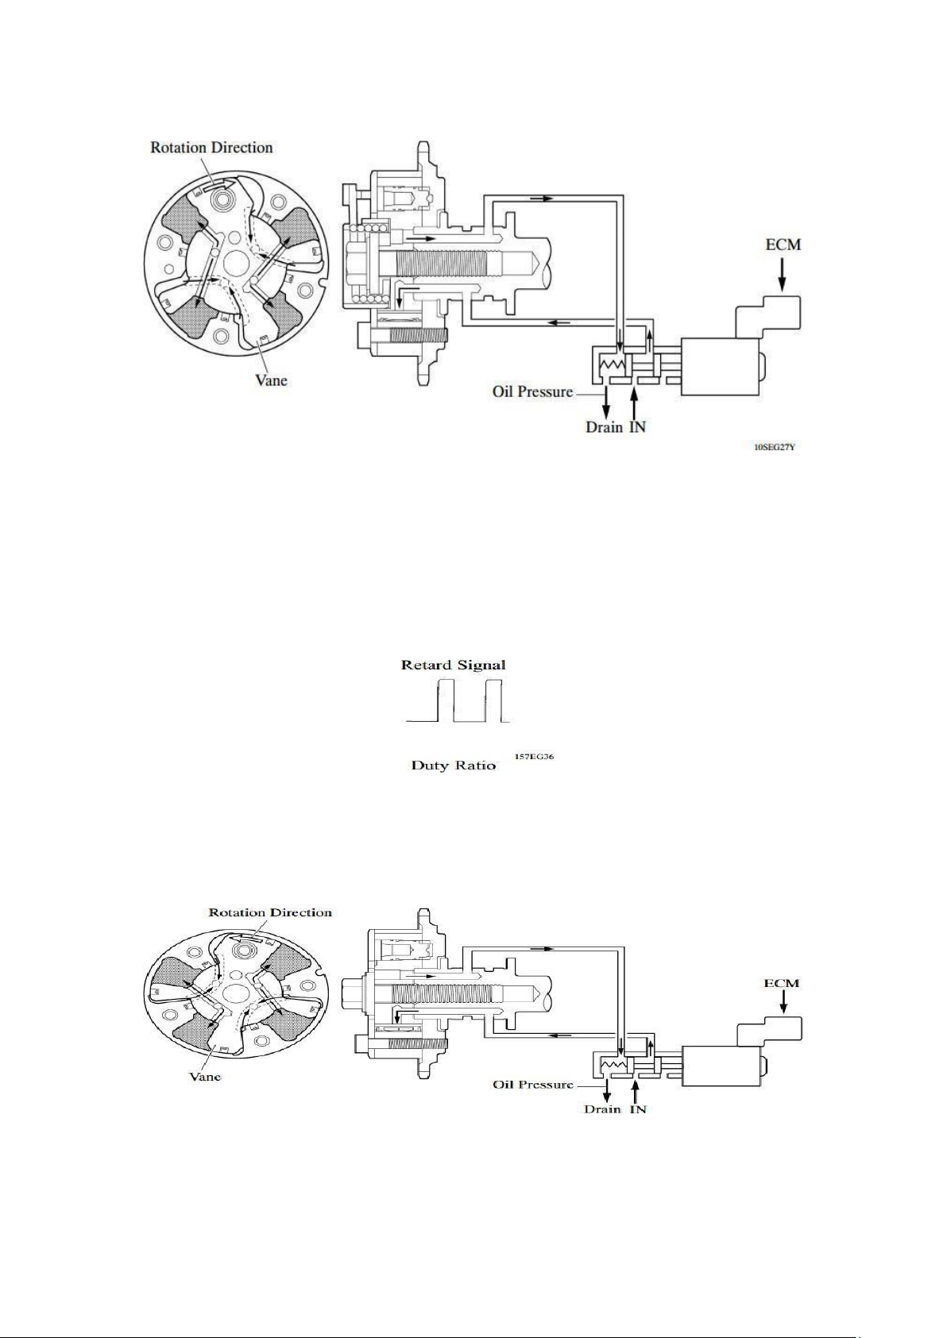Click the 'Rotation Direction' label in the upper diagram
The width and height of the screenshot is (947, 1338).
(x=211, y=148)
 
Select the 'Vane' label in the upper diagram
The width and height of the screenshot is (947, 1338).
(x=271, y=380)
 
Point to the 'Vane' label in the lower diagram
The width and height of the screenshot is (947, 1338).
(x=205, y=1077)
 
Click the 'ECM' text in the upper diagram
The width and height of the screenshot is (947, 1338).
(x=783, y=245)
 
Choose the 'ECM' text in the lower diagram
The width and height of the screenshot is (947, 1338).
(x=782, y=982)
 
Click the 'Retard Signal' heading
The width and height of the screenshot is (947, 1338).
(x=453, y=665)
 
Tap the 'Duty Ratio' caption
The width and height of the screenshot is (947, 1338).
(x=454, y=765)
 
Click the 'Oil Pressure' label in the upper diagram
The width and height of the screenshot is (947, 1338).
(x=532, y=391)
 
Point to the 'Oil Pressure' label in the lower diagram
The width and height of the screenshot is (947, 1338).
(x=533, y=1084)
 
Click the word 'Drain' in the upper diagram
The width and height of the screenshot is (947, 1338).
(x=604, y=427)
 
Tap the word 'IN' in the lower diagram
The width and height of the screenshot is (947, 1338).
(x=637, y=1109)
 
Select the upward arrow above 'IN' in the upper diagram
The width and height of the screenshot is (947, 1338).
(x=635, y=402)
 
